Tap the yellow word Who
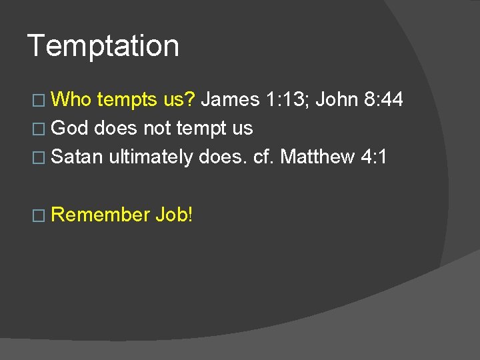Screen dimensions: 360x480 pyautogui.click(x=72, y=99)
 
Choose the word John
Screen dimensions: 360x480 pyautogui.click(x=338, y=99)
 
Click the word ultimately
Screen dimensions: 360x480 pyautogui.click(x=151, y=157)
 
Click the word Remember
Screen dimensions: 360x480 pyautogui.click(x=100, y=214)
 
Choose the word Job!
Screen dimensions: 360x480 pyautogui.click(x=173, y=214)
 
